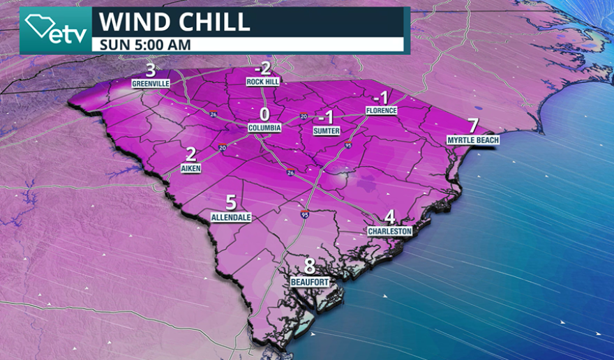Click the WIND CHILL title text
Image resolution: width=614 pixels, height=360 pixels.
pos(174,21)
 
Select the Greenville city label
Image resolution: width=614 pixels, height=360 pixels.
pos(151,84)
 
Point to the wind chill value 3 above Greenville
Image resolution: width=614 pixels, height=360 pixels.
pos(150,70)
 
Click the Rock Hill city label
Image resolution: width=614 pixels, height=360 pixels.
pos(262,82)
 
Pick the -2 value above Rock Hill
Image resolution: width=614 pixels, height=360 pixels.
pos(262,68)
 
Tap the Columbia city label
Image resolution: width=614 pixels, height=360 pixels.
pos(264,128)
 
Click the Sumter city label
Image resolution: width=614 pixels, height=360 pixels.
pos(326,130)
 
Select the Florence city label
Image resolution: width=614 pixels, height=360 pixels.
pos(382,110)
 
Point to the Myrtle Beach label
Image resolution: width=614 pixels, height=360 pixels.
pos(472,140)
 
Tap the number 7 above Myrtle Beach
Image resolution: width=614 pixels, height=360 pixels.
pos(473,126)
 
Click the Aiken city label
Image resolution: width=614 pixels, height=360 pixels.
pos(190,169)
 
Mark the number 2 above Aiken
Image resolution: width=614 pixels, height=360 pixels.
pos(190,155)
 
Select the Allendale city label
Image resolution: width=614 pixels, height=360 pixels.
pos(231,217)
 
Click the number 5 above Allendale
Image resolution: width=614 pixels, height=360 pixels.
pos(231,203)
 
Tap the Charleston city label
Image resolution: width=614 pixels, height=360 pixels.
pos(390,231)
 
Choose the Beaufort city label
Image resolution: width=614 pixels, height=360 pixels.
pos(309,281)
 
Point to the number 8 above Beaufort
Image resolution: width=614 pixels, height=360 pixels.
pos(309,267)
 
